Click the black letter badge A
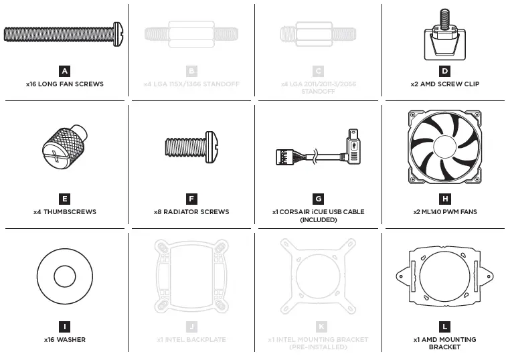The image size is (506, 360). coord(64,71)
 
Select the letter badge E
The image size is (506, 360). coord(64,199)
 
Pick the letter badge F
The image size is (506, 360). coord(191,199)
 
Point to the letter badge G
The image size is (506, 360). coord(318,199)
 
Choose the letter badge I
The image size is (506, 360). coord(64,327)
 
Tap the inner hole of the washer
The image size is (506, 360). coord(64,276)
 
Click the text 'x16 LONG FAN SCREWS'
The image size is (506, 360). coord(64,85)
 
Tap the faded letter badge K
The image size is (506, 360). coord(318,327)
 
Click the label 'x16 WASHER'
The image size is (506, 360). coord(64,340)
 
